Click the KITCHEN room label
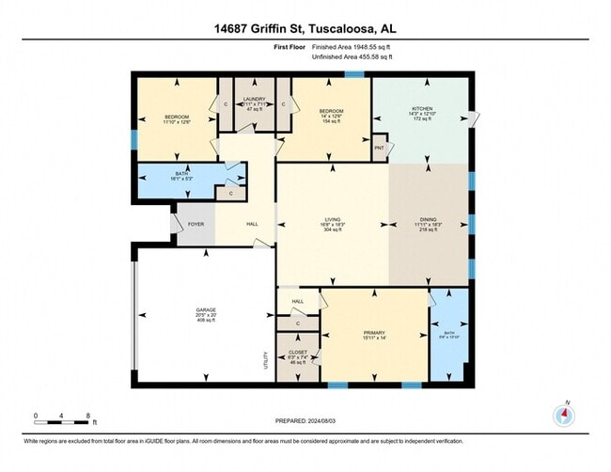click(420, 109)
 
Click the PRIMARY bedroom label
click(375, 333)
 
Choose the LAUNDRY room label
click(254, 99)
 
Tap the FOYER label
click(196, 225)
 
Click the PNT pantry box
click(380, 149)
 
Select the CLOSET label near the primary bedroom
click(297, 353)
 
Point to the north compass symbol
click(564, 415)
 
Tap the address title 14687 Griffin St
click(305, 28)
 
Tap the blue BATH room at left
click(175, 176)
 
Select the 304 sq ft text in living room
click(332, 231)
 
